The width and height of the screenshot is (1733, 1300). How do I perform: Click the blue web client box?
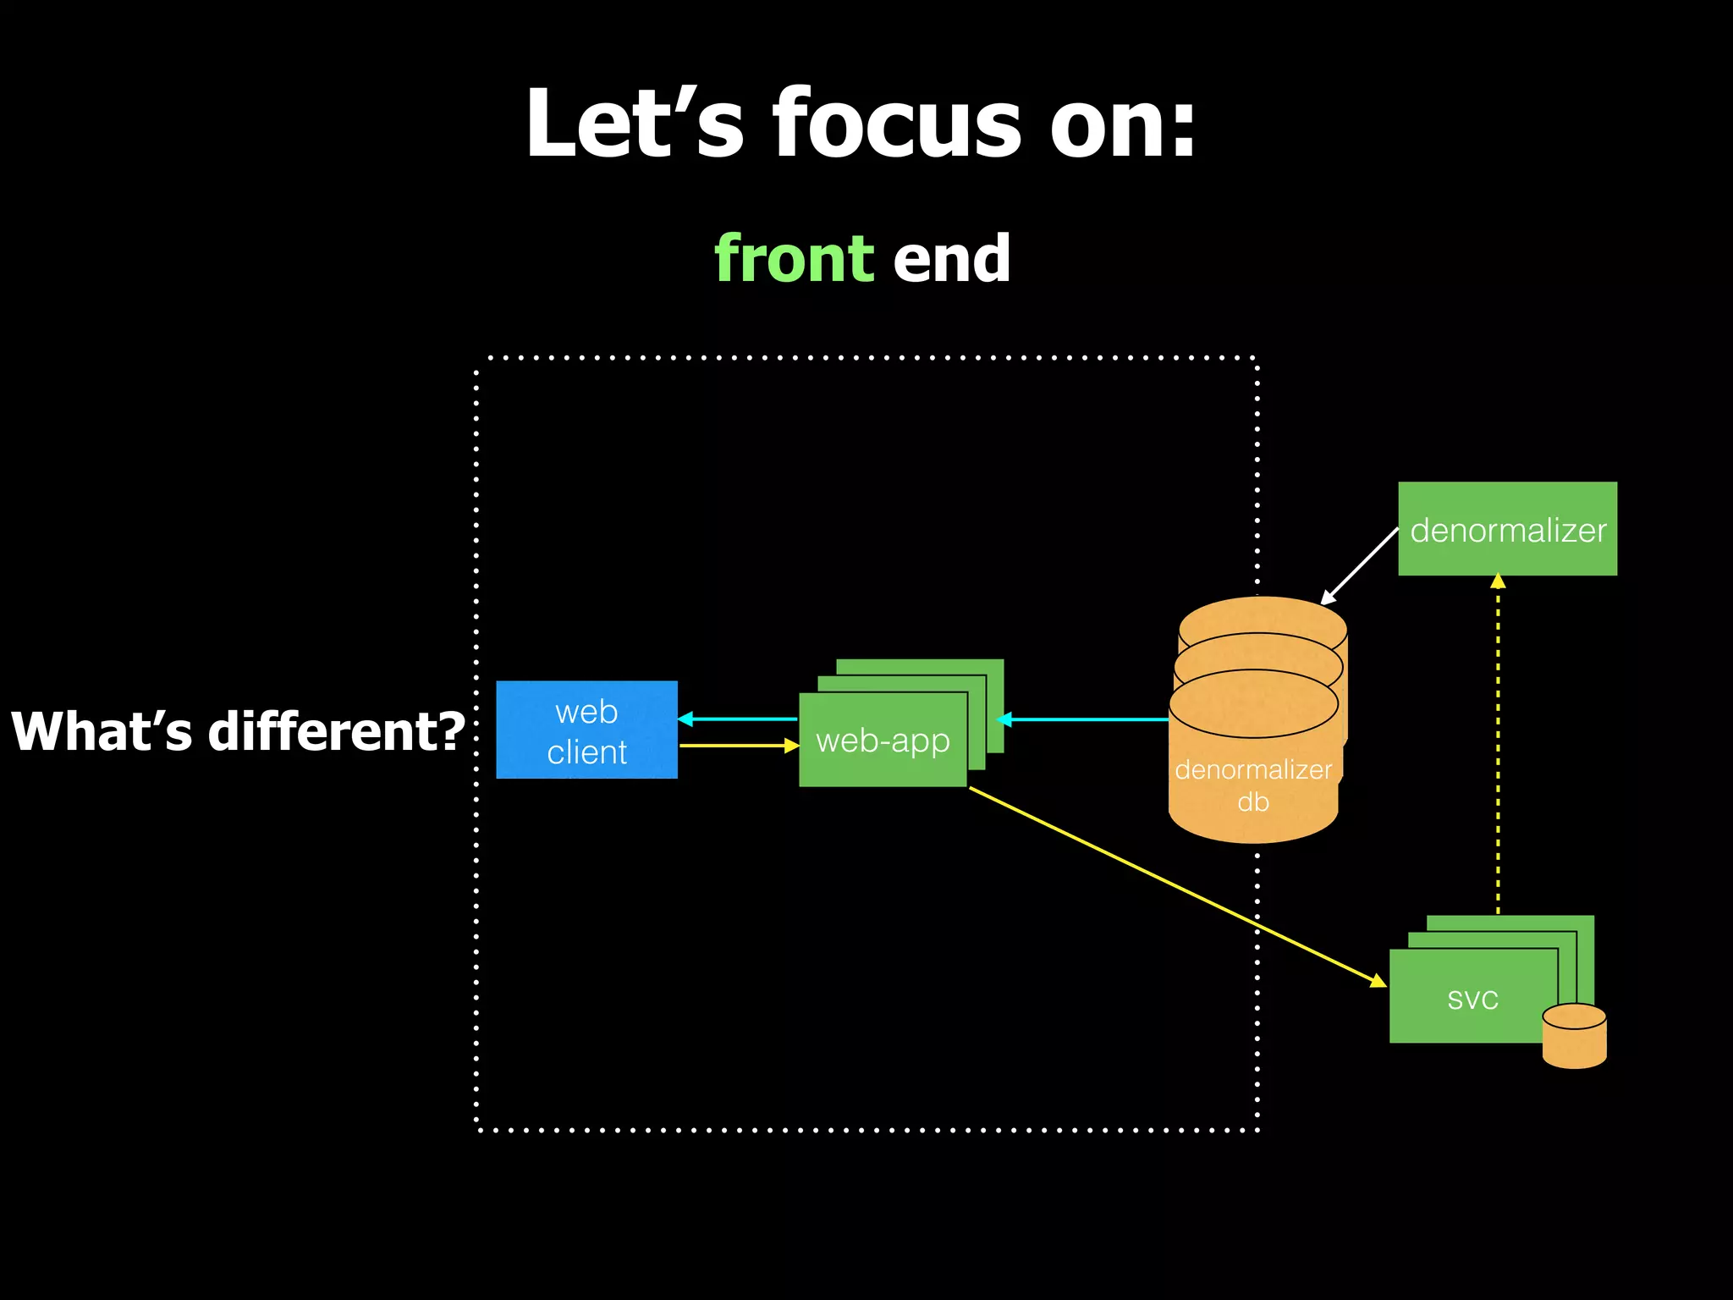click(586, 730)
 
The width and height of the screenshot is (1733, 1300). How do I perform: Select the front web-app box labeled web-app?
click(883, 741)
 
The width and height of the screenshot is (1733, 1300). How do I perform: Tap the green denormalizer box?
click(1507, 529)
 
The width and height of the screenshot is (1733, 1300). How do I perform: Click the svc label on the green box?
click(1472, 999)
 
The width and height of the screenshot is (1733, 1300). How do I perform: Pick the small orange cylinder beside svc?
click(1574, 1036)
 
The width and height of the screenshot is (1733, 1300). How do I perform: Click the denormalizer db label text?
click(1253, 785)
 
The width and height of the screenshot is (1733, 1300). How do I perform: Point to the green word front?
click(794, 259)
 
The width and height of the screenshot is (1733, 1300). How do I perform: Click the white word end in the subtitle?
click(952, 259)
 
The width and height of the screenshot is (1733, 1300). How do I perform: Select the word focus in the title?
click(897, 125)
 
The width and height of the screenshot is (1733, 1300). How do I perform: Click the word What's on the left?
click(102, 731)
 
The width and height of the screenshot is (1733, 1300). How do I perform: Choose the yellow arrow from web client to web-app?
click(736, 746)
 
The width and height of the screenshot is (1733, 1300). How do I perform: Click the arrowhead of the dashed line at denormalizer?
click(1498, 581)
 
